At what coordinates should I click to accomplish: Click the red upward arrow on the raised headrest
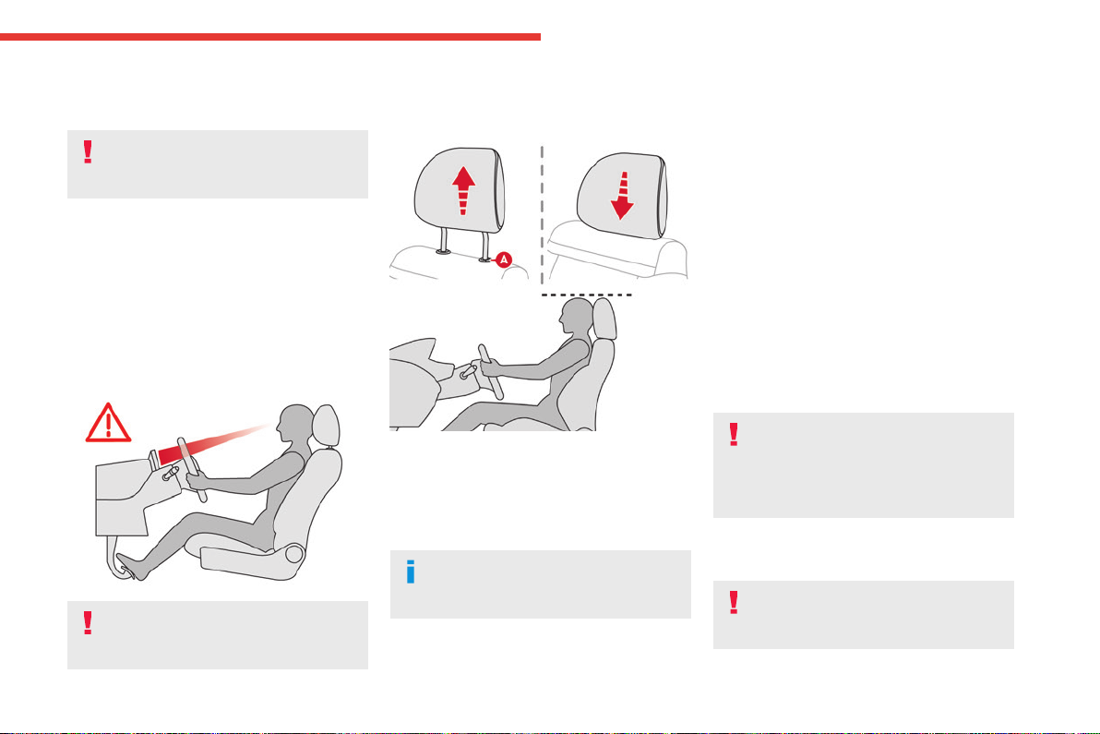pyautogui.click(x=463, y=189)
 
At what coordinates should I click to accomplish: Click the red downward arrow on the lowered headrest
pyautogui.click(x=622, y=196)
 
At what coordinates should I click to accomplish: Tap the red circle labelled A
pyautogui.click(x=504, y=259)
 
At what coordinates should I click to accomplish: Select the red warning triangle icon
pyautogui.click(x=108, y=423)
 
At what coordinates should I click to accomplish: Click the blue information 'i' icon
pyautogui.click(x=411, y=572)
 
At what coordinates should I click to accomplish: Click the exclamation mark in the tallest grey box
pyautogui.click(x=734, y=434)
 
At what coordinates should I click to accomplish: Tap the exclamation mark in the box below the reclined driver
pyautogui.click(x=88, y=622)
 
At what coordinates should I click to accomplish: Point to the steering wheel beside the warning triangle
pyautogui.click(x=192, y=469)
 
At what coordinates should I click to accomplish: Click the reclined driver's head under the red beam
pyautogui.click(x=294, y=424)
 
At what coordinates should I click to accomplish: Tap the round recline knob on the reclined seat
pyautogui.click(x=294, y=554)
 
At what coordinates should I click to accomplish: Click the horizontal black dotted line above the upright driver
pyautogui.click(x=587, y=295)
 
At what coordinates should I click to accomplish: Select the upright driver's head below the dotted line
pyautogui.click(x=577, y=317)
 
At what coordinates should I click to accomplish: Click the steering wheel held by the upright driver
pyautogui.click(x=491, y=372)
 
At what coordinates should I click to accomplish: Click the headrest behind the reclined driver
pyautogui.click(x=326, y=426)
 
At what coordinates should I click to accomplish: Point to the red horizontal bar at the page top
pyautogui.click(x=270, y=37)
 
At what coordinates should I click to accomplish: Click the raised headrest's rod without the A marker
pyautogui.click(x=443, y=240)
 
